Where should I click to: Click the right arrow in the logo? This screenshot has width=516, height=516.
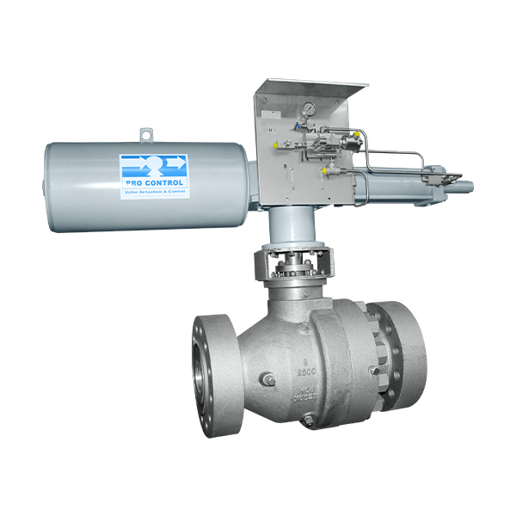pyautogui.click(x=175, y=161)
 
